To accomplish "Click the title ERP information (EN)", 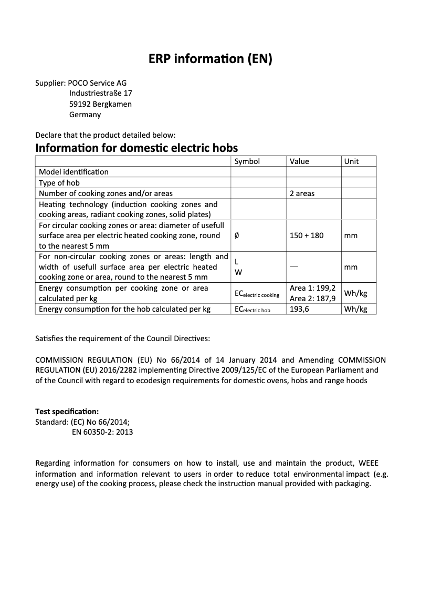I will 210,59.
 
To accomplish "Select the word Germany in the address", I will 85,115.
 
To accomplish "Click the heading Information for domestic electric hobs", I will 136,148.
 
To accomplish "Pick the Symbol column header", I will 247,161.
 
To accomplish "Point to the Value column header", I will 299,161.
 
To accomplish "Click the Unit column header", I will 351,161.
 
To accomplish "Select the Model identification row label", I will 74,172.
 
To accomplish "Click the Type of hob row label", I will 59,183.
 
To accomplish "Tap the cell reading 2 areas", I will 302,193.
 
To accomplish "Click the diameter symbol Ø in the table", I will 237,235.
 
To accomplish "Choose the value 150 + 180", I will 307,235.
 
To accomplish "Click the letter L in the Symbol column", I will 236,262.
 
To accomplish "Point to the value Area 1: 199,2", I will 312,288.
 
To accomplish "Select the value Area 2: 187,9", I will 312,299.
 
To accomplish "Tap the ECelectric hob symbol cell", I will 252,310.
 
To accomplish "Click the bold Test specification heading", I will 67,411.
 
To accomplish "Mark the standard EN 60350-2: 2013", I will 102,432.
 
